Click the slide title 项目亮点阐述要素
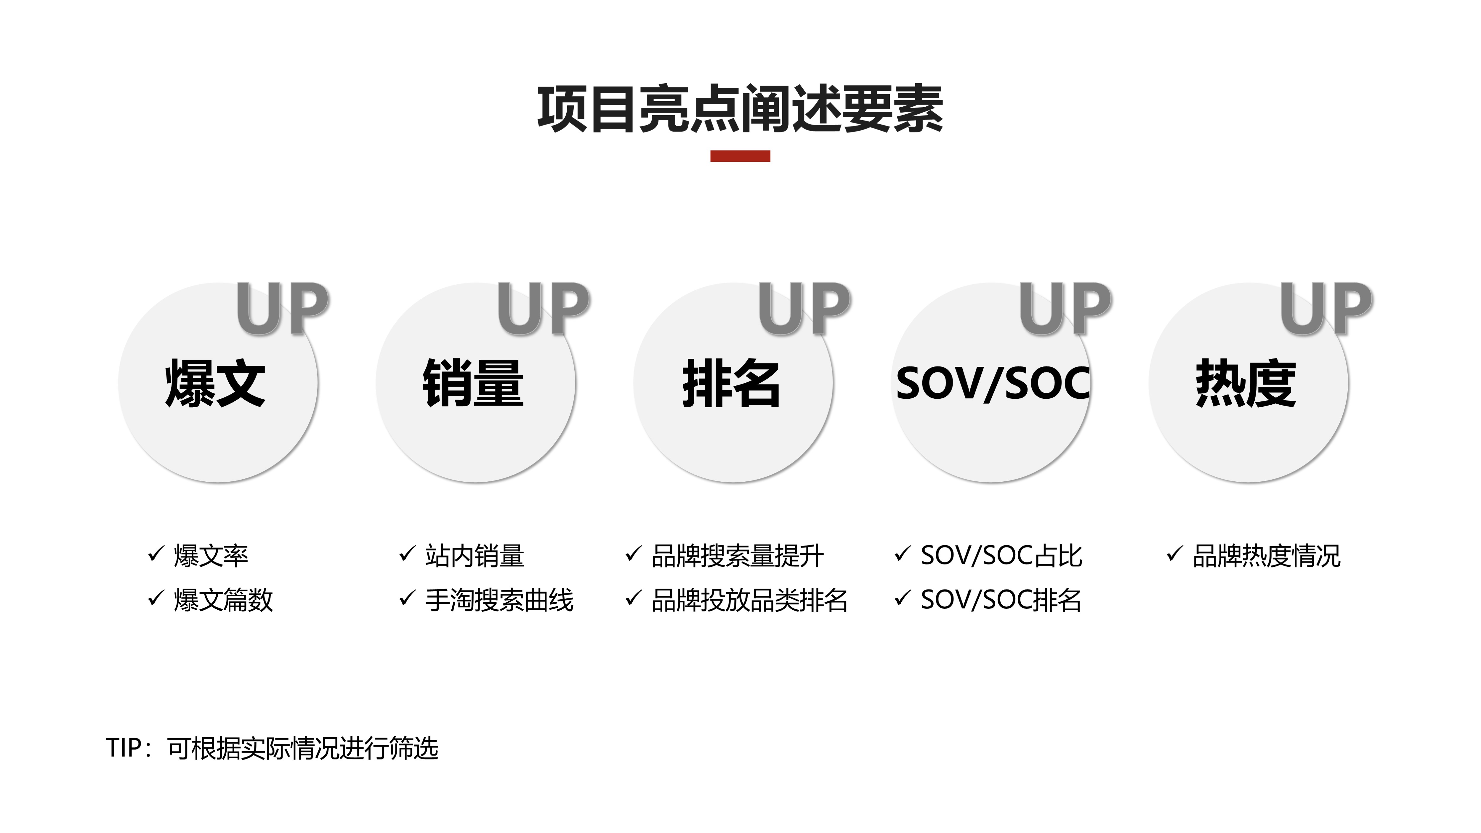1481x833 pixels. pos(740,109)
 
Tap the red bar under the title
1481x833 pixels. pos(740,156)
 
